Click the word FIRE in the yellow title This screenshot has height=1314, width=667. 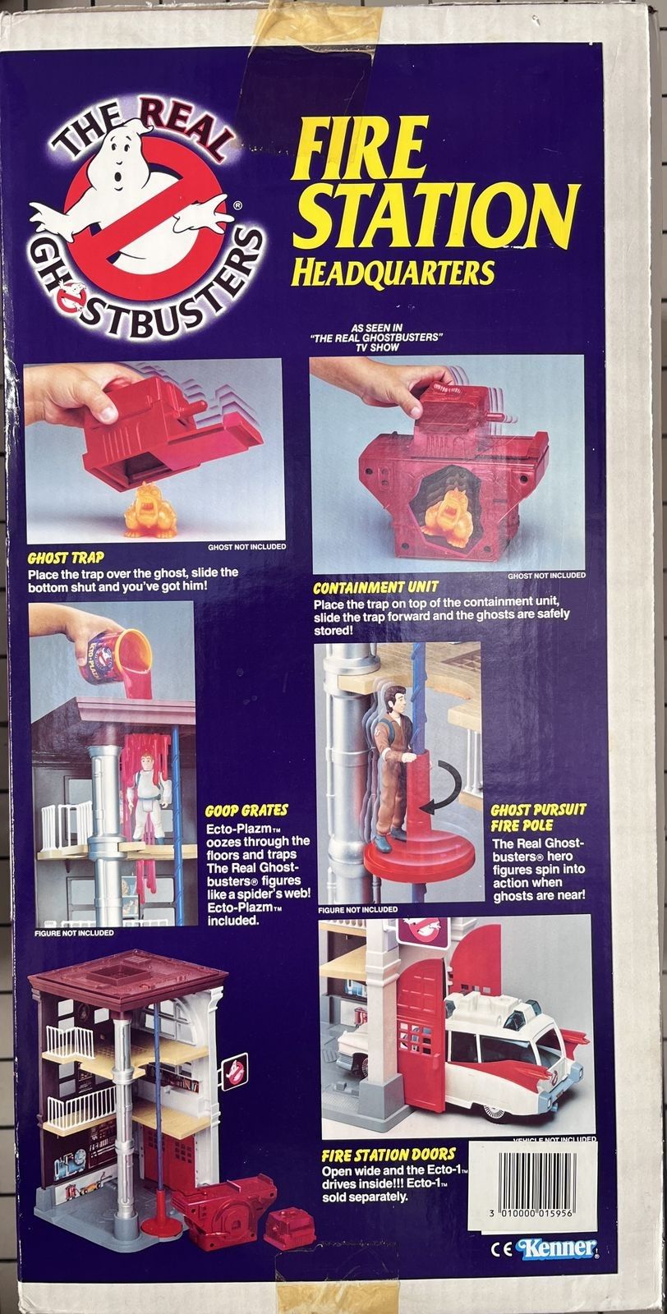[358, 145]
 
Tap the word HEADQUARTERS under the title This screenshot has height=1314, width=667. [393, 273]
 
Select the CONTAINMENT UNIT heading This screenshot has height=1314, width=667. [376, 587]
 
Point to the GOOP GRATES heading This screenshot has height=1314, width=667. [246, 811]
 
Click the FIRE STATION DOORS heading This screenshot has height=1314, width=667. [389, 1155]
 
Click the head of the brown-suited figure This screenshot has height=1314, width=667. [397, 700]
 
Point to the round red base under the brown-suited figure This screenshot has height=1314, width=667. [421, 859]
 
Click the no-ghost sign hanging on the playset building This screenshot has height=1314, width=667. [233, 1071]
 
